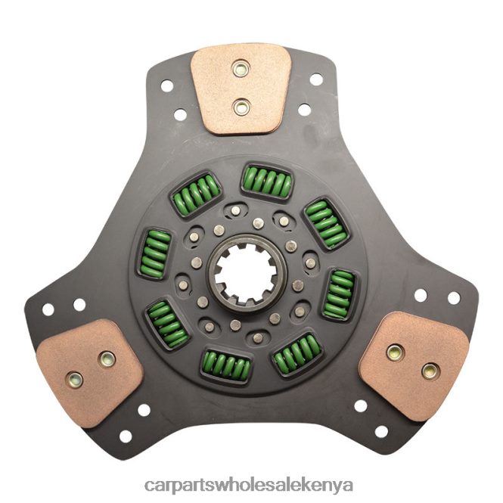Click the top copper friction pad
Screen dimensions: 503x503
click(x=241, y=88)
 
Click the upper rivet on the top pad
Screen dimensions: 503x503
click(x=241, y=69)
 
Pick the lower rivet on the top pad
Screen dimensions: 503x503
click(x=241, y=107)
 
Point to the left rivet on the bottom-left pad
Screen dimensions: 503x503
click(x=74, y=380)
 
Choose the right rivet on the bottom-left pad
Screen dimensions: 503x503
click(x=107, y=359)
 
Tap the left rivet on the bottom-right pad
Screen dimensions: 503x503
click(x=395, y=353)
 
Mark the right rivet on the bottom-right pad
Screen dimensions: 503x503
click(x=429, y=371)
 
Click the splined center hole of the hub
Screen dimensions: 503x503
click(x=247, y=274)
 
